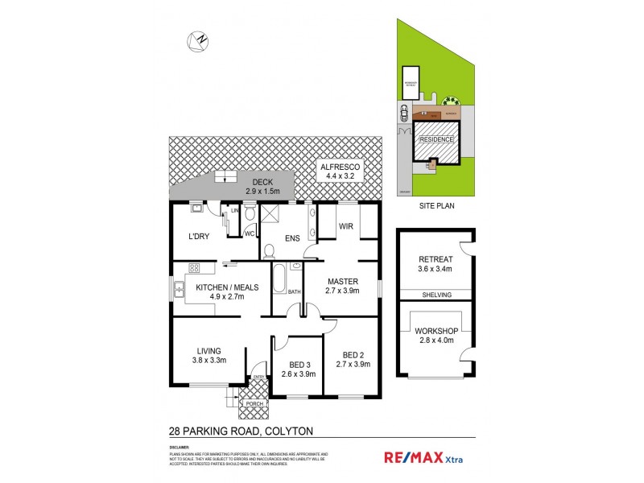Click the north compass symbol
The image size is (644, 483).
click(x=197, y=40)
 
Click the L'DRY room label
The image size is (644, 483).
click(x=199, y=238)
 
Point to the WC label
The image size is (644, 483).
click(x=249, y=233)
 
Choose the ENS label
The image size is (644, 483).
click(x=292, y=238)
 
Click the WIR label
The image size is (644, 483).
click(x=347, y=227)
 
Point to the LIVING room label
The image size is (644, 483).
click(x=208, y=355)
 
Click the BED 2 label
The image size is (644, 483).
click(x=354, y=360)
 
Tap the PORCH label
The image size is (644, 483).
click(x=255, y=403)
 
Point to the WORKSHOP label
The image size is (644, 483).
click(x=436, y=336)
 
